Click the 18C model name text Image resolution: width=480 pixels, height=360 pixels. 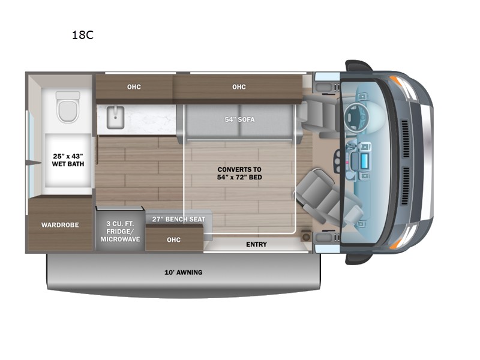click(83, 35)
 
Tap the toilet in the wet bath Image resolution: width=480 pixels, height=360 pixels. click(68, 107)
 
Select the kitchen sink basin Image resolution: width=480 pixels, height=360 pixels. click(115, 117)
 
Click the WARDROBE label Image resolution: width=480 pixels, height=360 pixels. click(60, 225)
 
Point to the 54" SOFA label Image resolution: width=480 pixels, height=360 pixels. click(239, 119)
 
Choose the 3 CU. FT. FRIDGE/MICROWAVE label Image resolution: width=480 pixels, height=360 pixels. click(120, 232)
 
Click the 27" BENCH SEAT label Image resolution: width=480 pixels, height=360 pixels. click(178, 219)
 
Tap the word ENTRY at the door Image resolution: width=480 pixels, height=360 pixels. click(257, 244)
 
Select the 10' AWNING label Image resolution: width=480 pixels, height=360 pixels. click(184, 272)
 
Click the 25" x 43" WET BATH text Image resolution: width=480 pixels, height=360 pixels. click(68, 160)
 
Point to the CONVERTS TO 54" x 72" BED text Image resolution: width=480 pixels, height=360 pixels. click(239, 173)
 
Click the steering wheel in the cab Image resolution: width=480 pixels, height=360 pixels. click(356, 117)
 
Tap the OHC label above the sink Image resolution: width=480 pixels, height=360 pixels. click(134, 87)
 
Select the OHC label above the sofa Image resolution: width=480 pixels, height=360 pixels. click(239, 87)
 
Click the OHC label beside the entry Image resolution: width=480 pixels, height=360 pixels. click(173, 239)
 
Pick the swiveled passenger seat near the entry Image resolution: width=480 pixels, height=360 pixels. click(328, 199)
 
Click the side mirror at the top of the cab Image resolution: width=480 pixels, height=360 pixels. click(358, 65)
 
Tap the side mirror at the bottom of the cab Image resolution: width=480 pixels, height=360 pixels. click(358, 258)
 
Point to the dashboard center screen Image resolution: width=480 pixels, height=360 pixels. click(364, 160)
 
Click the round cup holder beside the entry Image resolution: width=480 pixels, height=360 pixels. click(305, 237)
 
